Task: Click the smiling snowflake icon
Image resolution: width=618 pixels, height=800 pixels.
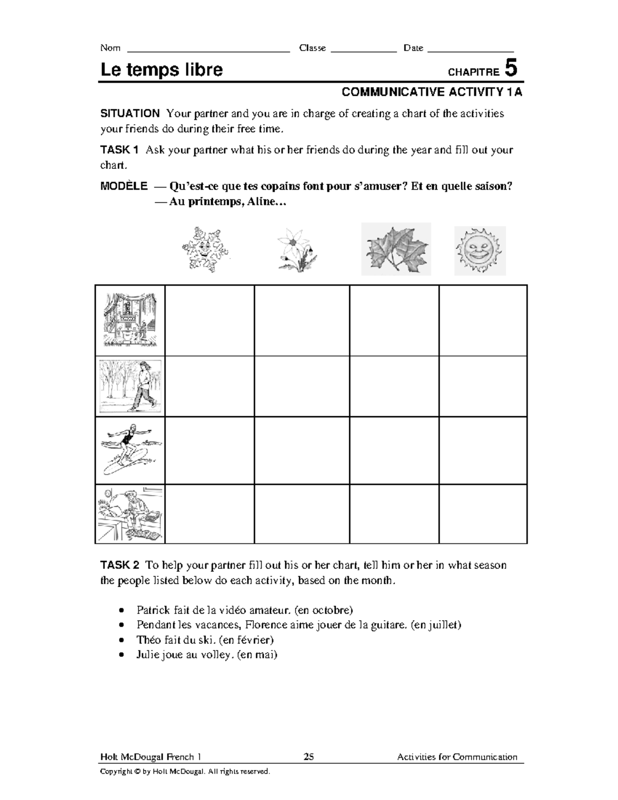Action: pos(204,249)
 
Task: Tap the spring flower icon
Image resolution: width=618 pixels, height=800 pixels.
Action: pos(297,250)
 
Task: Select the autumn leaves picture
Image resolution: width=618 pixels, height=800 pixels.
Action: pos(396,249)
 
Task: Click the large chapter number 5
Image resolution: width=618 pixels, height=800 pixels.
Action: pos(510,69)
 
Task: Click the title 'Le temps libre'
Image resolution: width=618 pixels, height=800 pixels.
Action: pos(161,70)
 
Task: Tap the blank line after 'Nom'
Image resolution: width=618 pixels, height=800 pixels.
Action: pos(208,50)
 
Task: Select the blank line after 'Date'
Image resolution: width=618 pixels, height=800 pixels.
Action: pos(471,50)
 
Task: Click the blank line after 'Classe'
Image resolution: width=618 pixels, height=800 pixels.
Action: pos(364,50)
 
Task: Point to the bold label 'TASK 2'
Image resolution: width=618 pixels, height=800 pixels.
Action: pos(119,565)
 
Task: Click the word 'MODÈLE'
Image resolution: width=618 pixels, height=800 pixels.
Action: pos(124,186)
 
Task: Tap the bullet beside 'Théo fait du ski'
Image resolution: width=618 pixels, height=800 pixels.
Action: pos(121,640)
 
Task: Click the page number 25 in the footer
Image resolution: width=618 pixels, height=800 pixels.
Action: pos(308,757)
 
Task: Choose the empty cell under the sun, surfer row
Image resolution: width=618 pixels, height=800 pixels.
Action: pos(483,450)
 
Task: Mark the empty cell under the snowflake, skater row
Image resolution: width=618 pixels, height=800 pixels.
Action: pos(210,386)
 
